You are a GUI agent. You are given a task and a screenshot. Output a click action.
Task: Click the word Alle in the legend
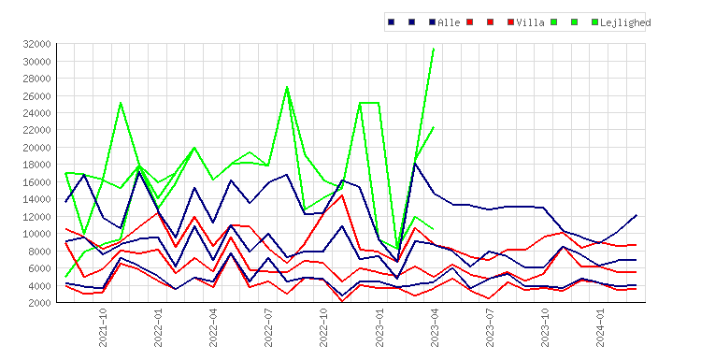[x=449, y=22]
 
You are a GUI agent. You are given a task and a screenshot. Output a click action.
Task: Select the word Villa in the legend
[x=530, y=22]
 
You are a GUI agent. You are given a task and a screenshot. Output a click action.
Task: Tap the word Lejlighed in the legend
[x=625, y=22]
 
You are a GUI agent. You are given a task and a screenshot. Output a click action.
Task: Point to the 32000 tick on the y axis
[x=36, y=44]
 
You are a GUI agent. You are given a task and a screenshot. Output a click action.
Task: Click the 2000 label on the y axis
[x=39, y=303]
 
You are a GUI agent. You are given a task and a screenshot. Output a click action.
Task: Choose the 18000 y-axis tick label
[x=36, y=165]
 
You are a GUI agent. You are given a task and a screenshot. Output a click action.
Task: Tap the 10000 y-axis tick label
[x=36, y=234]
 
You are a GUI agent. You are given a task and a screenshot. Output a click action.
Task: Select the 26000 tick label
[x=36, y=95]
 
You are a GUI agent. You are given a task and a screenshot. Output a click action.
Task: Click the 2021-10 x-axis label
[x=103, y=327]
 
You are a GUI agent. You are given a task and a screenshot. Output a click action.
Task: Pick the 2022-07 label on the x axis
[x=268, y=327]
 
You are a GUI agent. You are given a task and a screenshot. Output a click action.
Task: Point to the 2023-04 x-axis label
[x=435, y=327]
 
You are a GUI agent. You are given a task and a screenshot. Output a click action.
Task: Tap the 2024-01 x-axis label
[x=600, y=327]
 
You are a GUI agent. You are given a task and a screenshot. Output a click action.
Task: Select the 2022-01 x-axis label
[x=158, y=327]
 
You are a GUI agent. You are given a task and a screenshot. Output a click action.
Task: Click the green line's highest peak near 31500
[x=434, y=49]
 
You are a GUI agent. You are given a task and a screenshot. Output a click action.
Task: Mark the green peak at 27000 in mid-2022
[x=287, y=87]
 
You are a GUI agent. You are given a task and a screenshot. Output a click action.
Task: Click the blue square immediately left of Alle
[x=433, y=22]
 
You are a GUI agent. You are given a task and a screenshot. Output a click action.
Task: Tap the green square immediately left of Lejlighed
[x=594, y=22]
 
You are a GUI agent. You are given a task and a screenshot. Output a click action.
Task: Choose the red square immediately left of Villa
[x=511, y=22]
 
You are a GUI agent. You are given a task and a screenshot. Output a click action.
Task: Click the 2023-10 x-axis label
[x=545, y=327]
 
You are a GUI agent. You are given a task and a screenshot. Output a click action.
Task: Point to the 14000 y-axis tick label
[x=36, y=199]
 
